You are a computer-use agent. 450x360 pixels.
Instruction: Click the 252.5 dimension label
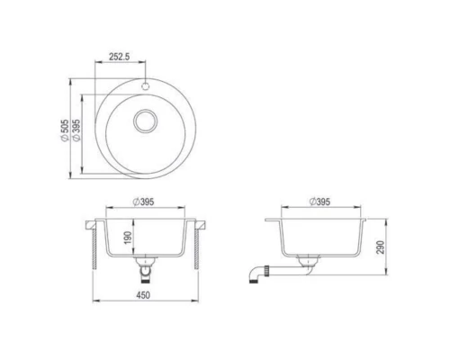[120, 56]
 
